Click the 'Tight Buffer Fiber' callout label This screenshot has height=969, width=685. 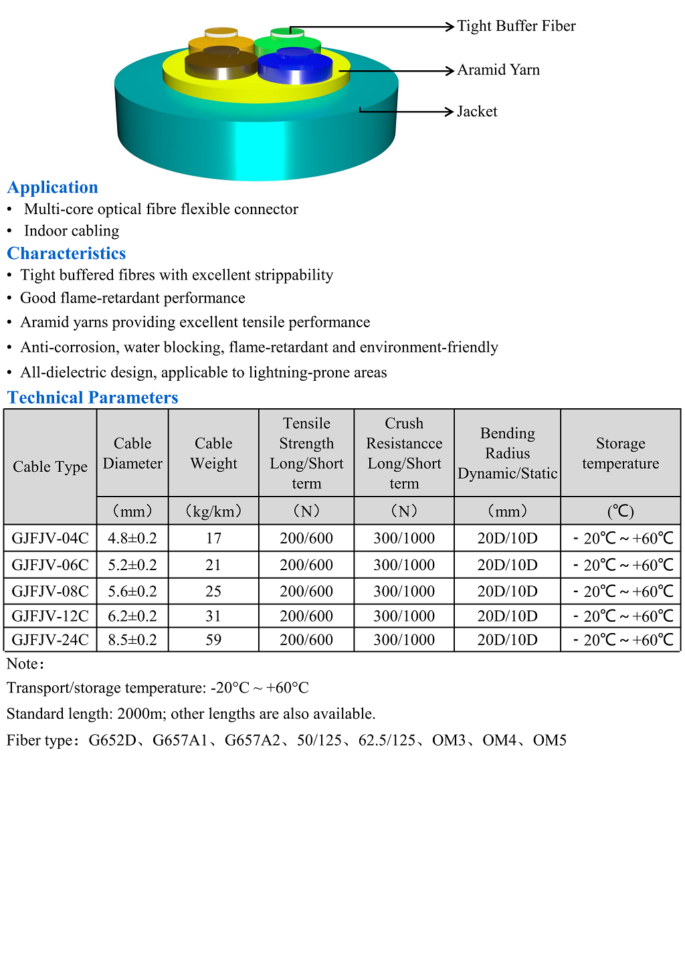(x=516, y=26)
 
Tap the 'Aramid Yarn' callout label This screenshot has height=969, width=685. (x=498, y=70)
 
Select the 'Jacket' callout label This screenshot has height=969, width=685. (x=477, y=112)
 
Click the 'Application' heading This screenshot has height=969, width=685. (x=53, y=187)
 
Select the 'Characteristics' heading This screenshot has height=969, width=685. (x=66, y=254)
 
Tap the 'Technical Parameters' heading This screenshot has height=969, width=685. (x=92, y=398)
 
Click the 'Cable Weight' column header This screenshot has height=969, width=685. (x=213, y=453)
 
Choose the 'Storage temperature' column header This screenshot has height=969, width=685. (x=620, y=453)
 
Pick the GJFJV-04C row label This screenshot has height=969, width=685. (x=50, y=538)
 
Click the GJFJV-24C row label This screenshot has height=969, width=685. (x=50, y=640)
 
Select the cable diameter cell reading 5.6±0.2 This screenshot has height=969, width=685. (x=132, y=591)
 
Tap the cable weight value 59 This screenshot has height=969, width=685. (x=213, y=640)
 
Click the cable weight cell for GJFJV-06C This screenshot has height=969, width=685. (x=213, y=565)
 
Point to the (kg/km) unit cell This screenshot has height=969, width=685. (x=213, y=511)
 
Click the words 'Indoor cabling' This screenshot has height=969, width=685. (x=72, y=231)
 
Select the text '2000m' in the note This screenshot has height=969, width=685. (x=139, y=714)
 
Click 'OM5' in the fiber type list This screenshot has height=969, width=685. (x=550, y=740)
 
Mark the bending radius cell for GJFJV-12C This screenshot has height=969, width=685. (x=507, y=616)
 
